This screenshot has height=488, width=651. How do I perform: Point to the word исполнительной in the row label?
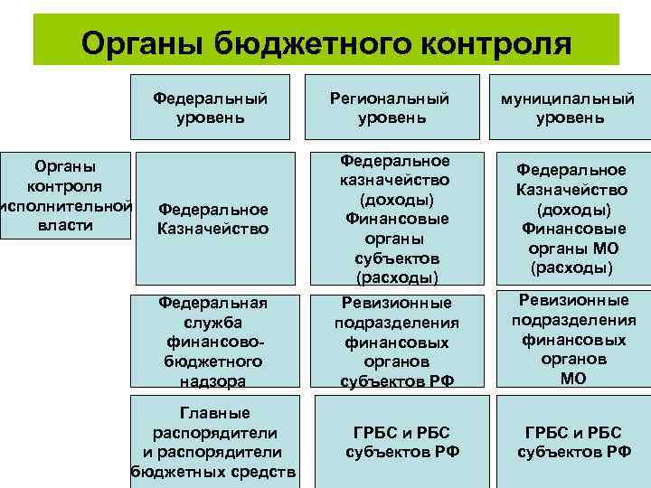[x=65, y=205]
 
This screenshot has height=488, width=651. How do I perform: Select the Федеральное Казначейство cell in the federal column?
[x=212, y=219]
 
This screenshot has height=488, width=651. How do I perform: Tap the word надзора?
[x=213, y=381]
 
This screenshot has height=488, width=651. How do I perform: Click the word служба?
[x=212, y=322]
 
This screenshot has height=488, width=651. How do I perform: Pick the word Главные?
[x=214, y=413]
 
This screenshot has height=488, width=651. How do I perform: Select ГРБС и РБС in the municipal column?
[x=573, y=433]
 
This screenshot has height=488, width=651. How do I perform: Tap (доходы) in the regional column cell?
[x=396, y=199]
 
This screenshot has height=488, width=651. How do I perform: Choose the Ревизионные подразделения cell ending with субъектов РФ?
[x=396, y=342]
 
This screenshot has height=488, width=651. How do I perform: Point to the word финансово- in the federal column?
[x=213, y=342]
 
